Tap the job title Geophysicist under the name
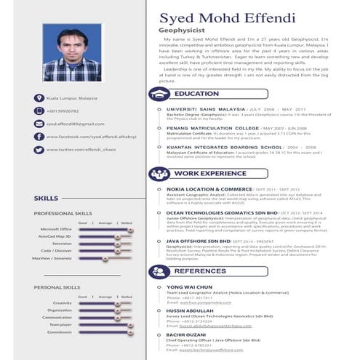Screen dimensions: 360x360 pos(182,31)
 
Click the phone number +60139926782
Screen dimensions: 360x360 pos(63,111)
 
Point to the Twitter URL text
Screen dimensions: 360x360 pos(81,149)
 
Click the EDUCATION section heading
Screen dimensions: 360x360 pos(196,94)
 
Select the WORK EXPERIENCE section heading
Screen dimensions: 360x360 pos(210,175)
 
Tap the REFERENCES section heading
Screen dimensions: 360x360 pos(200,271)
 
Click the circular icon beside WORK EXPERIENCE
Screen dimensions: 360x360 pos(159,175)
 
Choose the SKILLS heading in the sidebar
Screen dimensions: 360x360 pos(46,198)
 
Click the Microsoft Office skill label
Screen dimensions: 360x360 pos(56,229)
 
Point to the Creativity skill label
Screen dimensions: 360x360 pos(63,303)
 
